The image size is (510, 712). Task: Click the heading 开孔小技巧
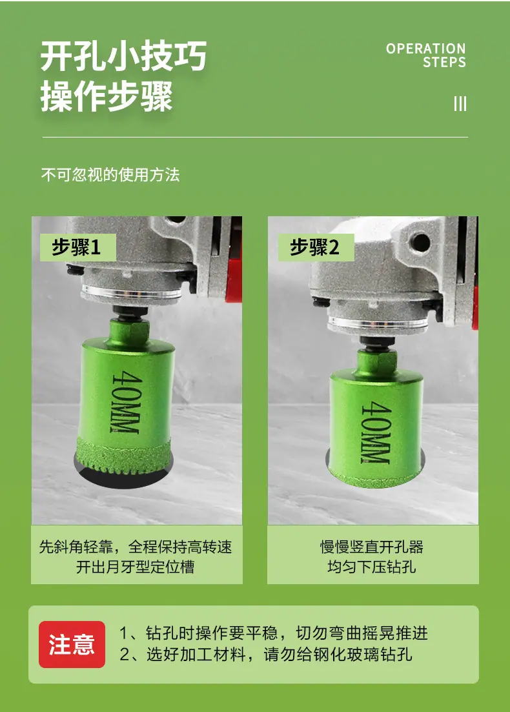coord(123,56)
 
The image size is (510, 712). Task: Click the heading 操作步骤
coord(107,96)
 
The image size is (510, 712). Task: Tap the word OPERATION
coord(425,48)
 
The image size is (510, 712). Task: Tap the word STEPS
coord(444,62)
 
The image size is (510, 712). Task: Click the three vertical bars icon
coord(460,103)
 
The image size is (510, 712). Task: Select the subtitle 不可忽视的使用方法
coord(110,175)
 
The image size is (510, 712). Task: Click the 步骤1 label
coord(77,247)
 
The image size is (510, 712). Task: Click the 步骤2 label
coord(316,247)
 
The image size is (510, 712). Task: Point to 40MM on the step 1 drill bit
coord(125,402)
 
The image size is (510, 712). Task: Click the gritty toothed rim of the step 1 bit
coord(123,456)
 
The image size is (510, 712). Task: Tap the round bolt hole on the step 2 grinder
coord(420,243)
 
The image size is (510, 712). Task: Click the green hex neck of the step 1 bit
coord(129,330)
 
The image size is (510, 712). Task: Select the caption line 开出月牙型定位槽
coord(136,567)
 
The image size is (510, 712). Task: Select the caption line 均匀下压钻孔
coord(372,567)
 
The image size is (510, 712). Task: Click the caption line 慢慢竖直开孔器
coord(372,547)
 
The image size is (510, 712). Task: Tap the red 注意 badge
coord(72,644)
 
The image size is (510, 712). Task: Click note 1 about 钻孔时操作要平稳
coord(273,633)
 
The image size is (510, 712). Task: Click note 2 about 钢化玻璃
coord(266,655)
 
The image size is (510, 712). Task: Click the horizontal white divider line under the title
coord(255,137)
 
